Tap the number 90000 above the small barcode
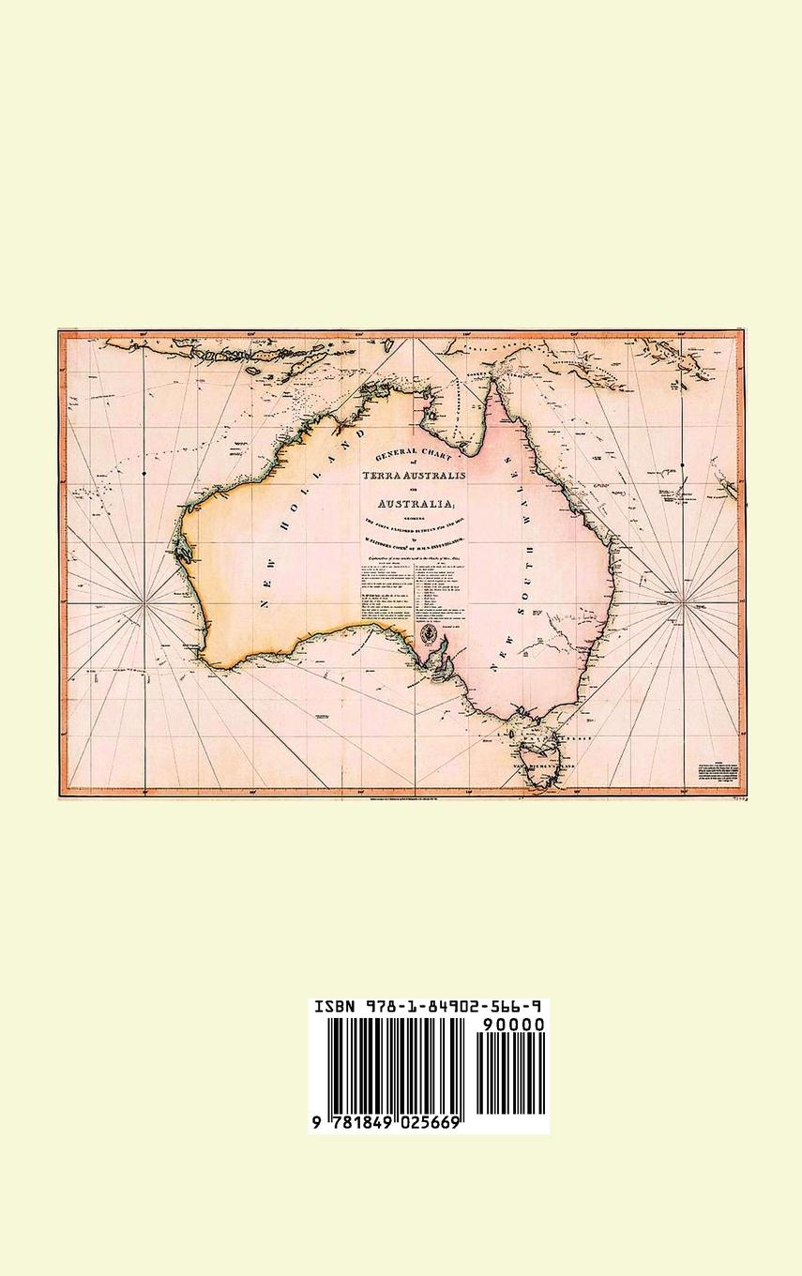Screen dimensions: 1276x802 511,1025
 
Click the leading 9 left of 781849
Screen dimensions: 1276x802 317,1122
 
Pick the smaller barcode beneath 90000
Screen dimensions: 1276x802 511,1074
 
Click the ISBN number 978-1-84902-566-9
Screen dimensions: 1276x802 454,1007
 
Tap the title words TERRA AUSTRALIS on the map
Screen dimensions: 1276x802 414,474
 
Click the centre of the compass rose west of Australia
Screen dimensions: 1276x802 144,607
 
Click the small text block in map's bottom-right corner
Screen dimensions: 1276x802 717,767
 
